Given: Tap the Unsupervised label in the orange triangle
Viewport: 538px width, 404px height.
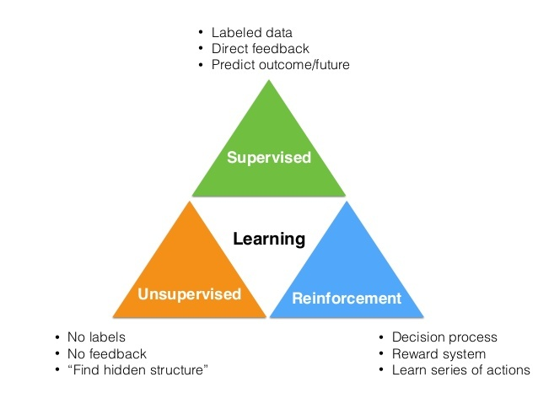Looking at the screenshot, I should click(x=190, y=294).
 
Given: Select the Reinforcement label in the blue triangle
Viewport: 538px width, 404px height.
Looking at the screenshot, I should click(x=346, y=298).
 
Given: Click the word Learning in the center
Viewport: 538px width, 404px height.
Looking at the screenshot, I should click(x=269, y=240).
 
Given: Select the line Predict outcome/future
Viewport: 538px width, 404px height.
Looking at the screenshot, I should click(x=280, y=65).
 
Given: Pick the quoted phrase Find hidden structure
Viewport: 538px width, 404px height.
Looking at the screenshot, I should click(x=139, y=370).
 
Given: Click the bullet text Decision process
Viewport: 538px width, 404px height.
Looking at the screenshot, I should click(x=444, y=338).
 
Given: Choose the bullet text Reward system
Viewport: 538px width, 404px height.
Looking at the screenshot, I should click(x=439, y=354).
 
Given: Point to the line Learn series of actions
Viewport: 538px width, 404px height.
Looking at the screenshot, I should click(x=461, y=370).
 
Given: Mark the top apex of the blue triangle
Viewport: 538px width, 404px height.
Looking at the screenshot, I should click(x=346, y=202).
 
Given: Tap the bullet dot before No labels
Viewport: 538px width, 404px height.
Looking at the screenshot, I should click(x=56, y=338).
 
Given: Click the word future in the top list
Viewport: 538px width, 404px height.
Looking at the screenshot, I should click(x=331, y=65).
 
